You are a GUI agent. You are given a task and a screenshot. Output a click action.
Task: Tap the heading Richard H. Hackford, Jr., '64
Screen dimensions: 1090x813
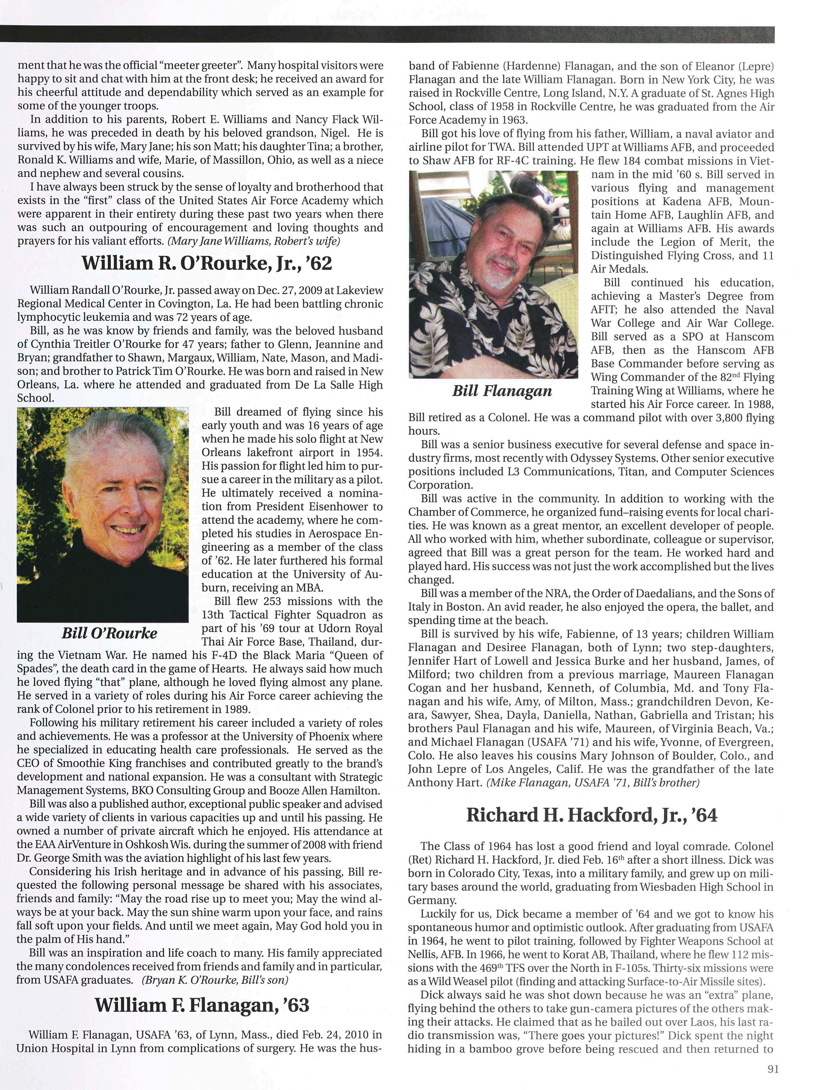[x=591, y=816]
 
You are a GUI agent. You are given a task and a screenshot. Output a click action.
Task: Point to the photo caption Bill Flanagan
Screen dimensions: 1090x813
[x=502, y=391]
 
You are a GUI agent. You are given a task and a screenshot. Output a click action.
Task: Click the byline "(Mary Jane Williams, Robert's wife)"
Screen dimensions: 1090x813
[x=254, y=241]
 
